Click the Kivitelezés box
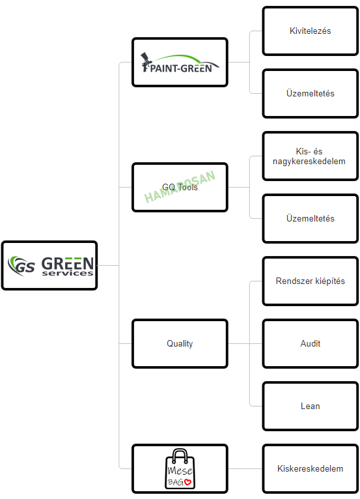[x=311, y=31]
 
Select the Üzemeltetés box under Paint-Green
[x=311, y=94]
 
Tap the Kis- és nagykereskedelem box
[x=311, y=156]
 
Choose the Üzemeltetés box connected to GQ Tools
[x=311, y=219]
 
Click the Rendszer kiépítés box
[x=311, y=281]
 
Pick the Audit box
[x=311, y=344]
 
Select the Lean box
[x=311, y=406]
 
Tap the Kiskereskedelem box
[x=311, y=469]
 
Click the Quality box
[x=180, y=344]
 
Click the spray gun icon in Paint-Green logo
[x=146, y=62]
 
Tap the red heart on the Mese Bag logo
[x=187, y=482]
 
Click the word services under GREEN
[x=68, y=273]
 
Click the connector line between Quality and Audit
[x=245, y=344]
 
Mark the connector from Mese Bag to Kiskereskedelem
[x=245, y=469]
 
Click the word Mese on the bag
[x=180, y=470]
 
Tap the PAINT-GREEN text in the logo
[x=181, y=68]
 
